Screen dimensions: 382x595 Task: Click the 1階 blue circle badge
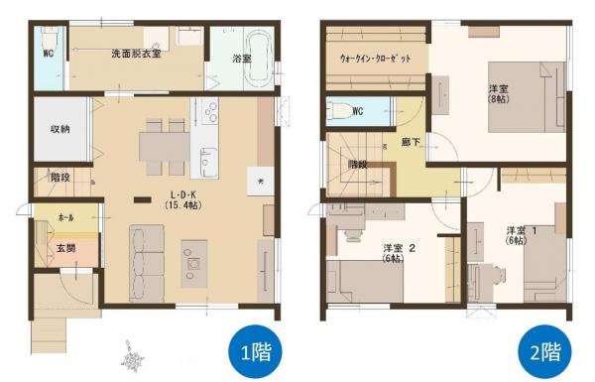coord(253,349)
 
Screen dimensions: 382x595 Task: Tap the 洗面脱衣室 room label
coord(136,53)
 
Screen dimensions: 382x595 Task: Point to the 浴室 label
coord(241,60)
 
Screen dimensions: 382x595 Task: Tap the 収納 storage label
coord(59,129)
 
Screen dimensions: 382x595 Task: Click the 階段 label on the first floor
coord(59,178)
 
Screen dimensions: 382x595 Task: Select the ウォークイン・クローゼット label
coord(376,59)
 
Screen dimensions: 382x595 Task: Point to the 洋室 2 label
coord(398,252)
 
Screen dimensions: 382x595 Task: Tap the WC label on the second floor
coord(358,110)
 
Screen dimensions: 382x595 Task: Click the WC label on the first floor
coord(47,54)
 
